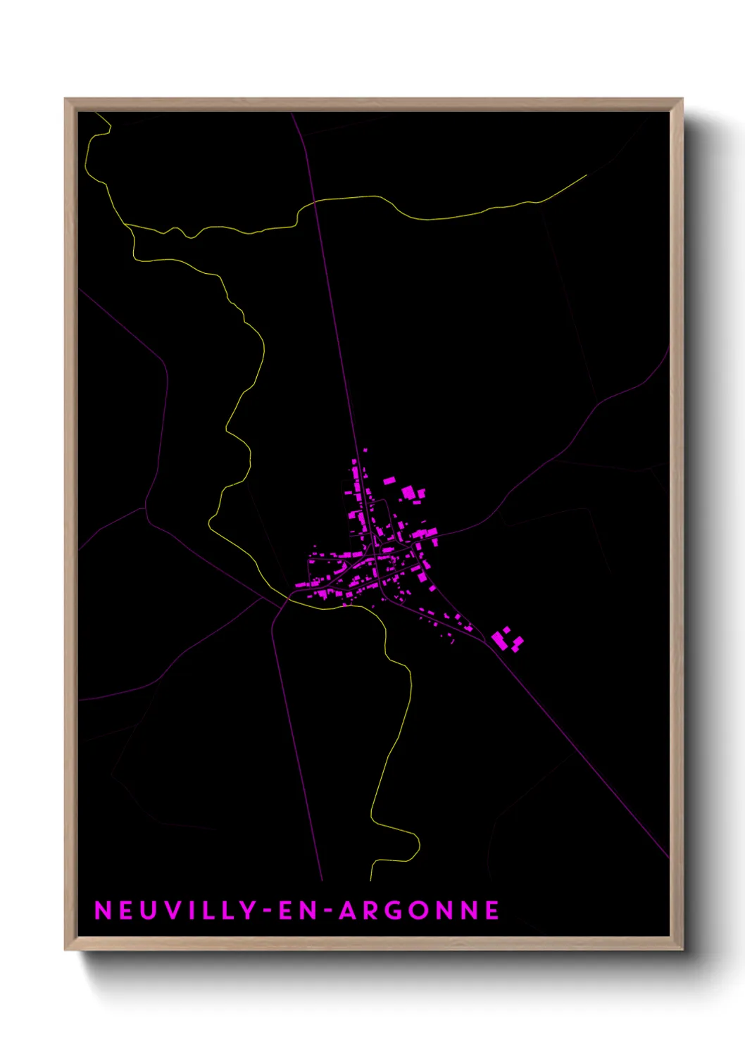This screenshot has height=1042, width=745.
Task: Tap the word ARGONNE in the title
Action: (x=420, y=910)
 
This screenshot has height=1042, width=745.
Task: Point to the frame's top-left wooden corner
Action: (x=70, y=104)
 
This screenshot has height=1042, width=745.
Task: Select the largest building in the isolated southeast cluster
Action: (x=499, y=639)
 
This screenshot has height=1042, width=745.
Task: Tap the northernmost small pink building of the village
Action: (x=365, y=450)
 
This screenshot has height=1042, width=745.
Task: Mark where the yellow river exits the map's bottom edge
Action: (x=371, y=879)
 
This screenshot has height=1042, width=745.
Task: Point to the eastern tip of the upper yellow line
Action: (x=587, y=175)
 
